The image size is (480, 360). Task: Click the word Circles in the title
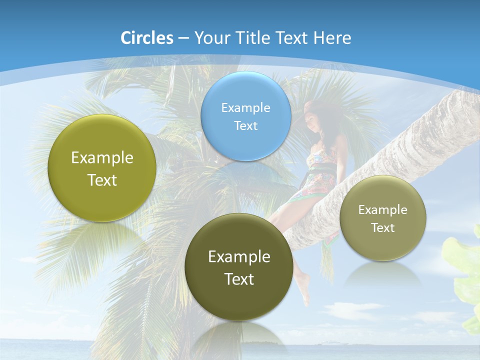(x=147, y=38)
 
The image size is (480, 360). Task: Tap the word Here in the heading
(x=332, y=38)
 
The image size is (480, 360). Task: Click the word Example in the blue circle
(x=246, y=107)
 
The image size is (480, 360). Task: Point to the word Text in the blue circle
(x=246, y=125)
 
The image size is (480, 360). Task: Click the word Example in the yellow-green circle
(x=102, y=158)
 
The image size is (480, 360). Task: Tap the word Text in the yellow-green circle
(x=102, y=180)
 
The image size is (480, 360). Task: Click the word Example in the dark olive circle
(x=239, y=257)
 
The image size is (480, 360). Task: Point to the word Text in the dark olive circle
(x=239, y=279)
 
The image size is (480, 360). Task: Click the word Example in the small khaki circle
(x=383, y=210)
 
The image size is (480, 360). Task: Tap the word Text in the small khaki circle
(x=383, y=228)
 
